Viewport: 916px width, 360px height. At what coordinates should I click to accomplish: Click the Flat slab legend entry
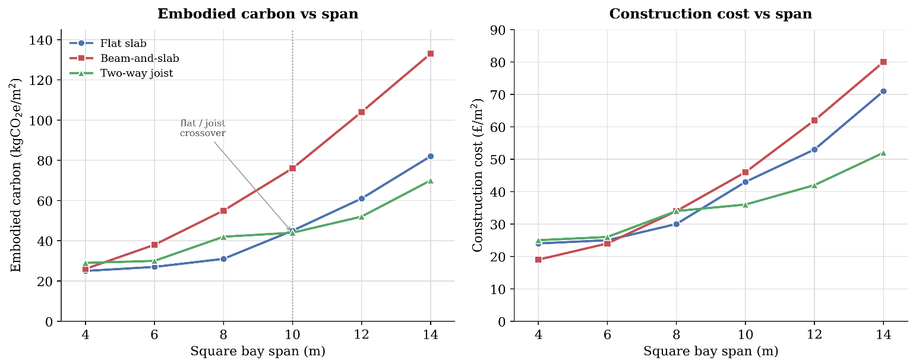tap(108, 43)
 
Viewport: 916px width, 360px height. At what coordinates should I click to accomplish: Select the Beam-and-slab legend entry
tap(124, 58)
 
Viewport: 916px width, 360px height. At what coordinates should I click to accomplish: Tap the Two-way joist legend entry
tap(121, 73)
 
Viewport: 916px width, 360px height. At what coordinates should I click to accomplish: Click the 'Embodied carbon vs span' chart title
tap(258, 14)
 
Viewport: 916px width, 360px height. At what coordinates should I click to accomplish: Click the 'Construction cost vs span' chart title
tap(710, 14)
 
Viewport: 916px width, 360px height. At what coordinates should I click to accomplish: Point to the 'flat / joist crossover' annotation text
tap(203, 128)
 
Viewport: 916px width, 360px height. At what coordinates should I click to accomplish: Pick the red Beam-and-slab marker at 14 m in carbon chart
tap(430, 53)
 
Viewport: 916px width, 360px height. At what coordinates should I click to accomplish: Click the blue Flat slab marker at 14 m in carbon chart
tap(430, 156)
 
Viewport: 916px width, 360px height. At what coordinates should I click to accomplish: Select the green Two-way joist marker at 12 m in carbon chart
tap(361, 216)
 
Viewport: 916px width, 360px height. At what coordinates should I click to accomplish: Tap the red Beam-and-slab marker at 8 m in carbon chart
tap(223, 211)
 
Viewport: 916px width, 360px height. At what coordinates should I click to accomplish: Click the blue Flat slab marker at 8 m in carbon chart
tap(223, 259)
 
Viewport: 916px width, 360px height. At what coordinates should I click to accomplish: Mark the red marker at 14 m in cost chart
tap(883, 62)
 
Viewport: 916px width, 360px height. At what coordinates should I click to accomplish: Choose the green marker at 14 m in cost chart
tap(883, 153)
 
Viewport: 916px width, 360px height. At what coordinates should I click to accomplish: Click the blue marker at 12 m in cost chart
tap(814, 150)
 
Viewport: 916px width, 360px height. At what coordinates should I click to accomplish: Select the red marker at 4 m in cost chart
tap(538, 260)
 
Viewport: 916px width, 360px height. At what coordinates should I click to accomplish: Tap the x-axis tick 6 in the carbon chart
tap(154, 334)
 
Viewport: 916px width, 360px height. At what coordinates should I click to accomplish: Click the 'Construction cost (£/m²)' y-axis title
tap(478, 175)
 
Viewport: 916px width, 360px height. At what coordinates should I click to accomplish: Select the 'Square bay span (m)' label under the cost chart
tap(710, 351)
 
